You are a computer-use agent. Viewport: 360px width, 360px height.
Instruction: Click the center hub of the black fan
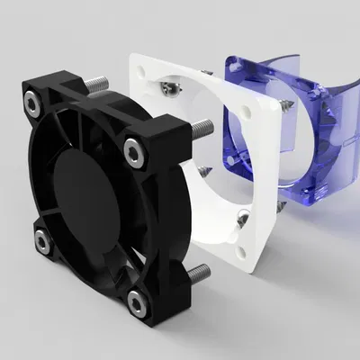(83, 200)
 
